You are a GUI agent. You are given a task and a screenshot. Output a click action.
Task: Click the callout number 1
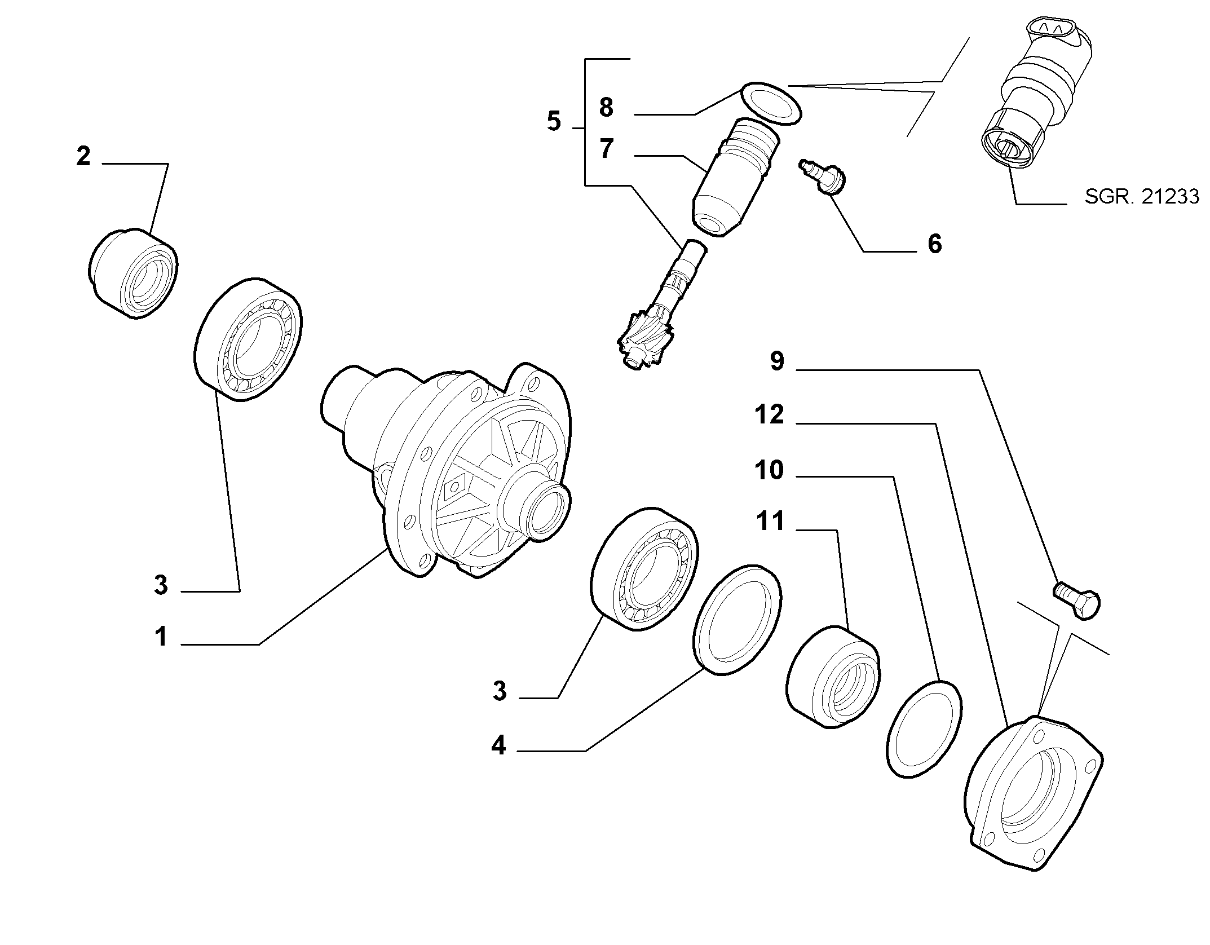coord(161,637)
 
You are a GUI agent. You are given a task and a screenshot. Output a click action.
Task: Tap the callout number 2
coord(83,156)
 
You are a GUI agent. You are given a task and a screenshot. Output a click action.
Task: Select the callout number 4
coord(498,746)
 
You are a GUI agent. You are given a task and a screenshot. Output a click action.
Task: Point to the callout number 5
coord(554,121)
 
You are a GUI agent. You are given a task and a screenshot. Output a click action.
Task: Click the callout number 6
coord(935,244)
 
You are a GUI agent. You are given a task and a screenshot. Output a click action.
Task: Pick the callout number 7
coord(606,149)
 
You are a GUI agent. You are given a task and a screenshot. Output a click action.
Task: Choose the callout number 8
coord(606,107)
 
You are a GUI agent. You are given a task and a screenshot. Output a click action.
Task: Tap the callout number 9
coord(777,361)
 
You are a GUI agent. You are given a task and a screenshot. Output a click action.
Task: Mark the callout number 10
coord(769,470)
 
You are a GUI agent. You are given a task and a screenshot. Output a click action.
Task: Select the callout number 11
coord(770,521)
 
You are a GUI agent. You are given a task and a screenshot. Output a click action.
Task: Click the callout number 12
coord(769,415)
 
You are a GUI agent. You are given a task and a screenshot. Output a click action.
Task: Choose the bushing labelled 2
coord(134,273)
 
